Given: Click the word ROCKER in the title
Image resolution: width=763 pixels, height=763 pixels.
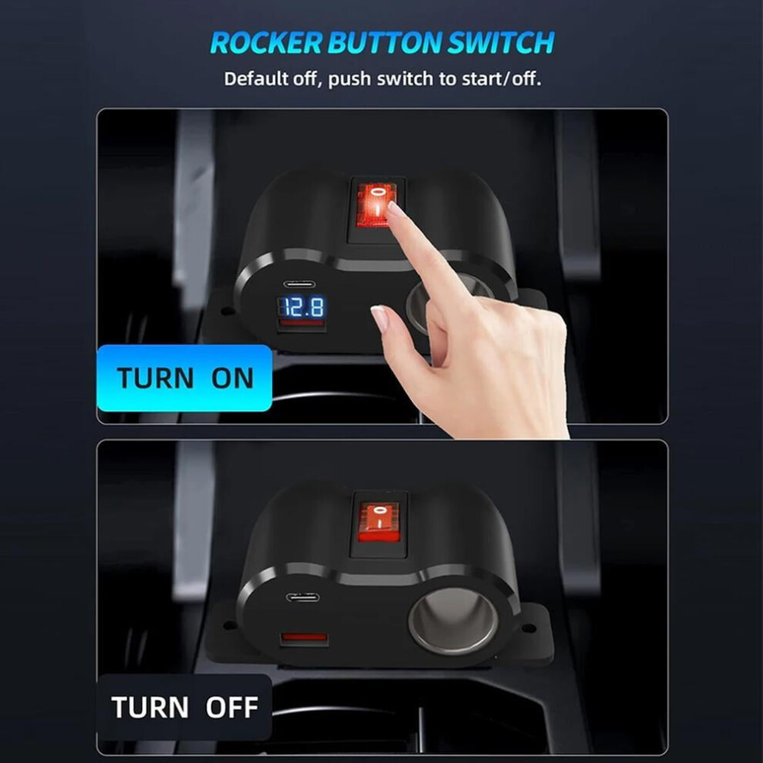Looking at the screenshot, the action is tap(266, 42).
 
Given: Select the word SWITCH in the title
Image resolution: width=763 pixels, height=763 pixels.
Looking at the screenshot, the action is tap(500, 42).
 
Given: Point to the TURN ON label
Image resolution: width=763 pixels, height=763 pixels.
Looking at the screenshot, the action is tap(184, 378).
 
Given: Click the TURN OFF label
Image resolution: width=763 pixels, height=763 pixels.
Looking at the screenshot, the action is tap(184, 707).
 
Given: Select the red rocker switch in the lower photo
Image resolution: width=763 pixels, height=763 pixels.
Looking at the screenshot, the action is tap(379, 523).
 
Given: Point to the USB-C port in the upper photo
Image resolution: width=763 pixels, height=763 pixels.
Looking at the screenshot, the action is tap(299, 284).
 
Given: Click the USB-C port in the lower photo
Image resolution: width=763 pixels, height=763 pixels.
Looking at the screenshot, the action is tap(303, 597).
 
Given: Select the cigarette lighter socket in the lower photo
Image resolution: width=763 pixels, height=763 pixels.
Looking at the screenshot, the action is tap(453, 620).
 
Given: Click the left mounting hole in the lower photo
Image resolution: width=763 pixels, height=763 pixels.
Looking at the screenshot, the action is tap(227, 625).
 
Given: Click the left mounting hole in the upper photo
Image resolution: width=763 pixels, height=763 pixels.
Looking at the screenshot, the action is tap(225, 310).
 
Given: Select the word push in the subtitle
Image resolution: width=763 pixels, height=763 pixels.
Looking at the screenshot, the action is tap(350, 79).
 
